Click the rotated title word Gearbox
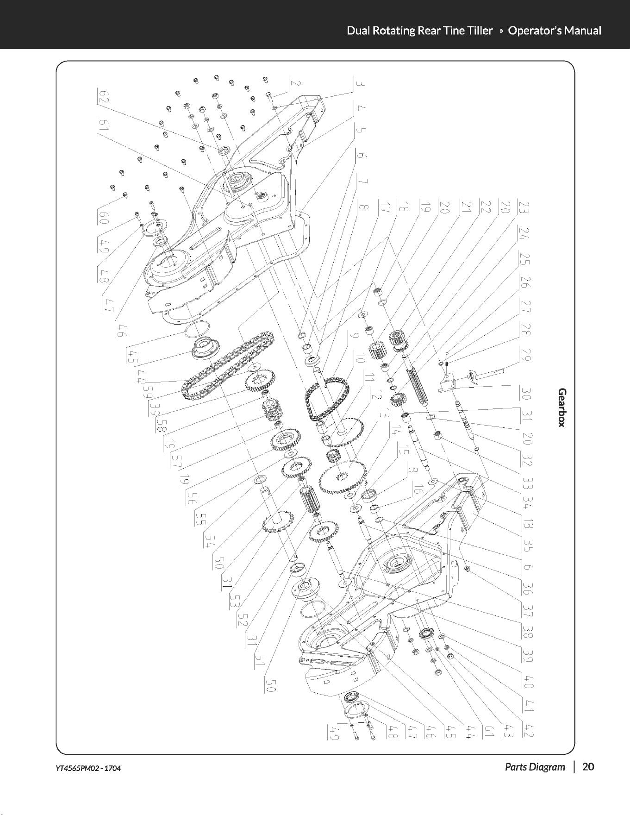[x=561, y=408]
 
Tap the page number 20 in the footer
[x=588, y=767]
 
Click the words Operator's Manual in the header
[x=555, y=31]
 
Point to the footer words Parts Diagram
[x=535, y=767]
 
